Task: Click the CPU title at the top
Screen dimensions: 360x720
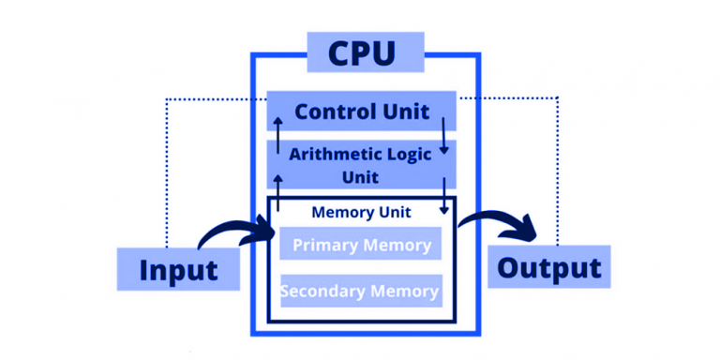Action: pos(362,52)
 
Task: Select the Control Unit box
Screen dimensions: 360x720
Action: pos(362,112)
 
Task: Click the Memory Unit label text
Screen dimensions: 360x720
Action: pos(361,213)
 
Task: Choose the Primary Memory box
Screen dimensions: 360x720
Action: pos(361,245)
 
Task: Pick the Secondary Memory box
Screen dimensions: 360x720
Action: pos(361,291)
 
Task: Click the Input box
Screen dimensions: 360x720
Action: pos(178,269)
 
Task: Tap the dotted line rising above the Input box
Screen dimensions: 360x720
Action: pos(166,169)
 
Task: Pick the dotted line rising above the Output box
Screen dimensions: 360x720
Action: pos(558,169)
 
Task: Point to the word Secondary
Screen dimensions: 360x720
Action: pos(321,291)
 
